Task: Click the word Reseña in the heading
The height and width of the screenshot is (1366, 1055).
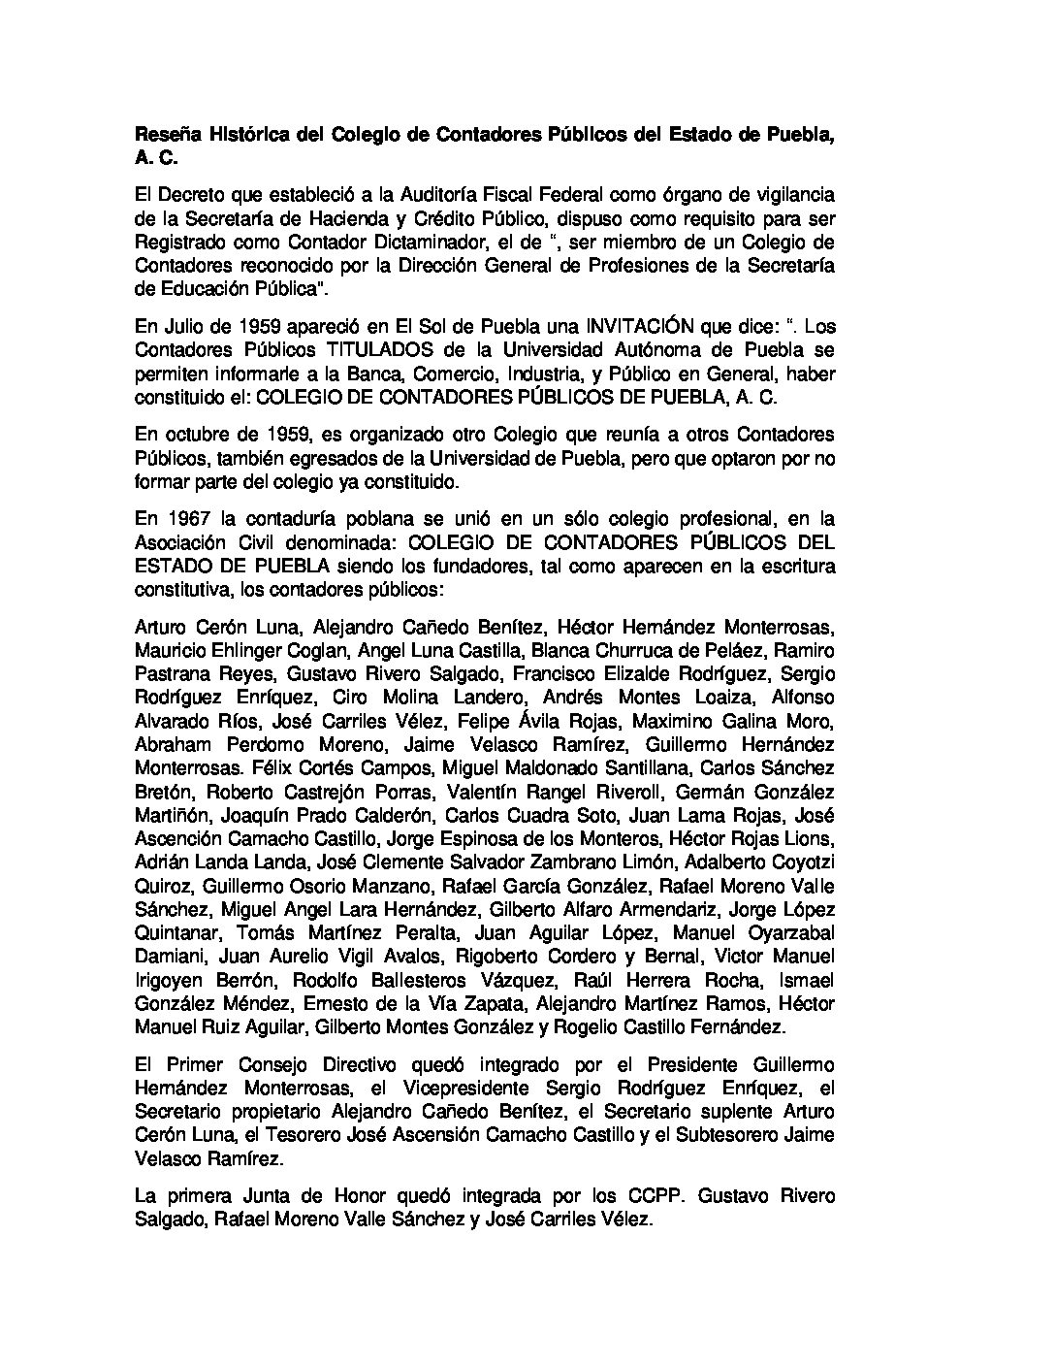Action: coord(162,136)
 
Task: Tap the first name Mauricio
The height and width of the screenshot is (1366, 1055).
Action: coord(168,650)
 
